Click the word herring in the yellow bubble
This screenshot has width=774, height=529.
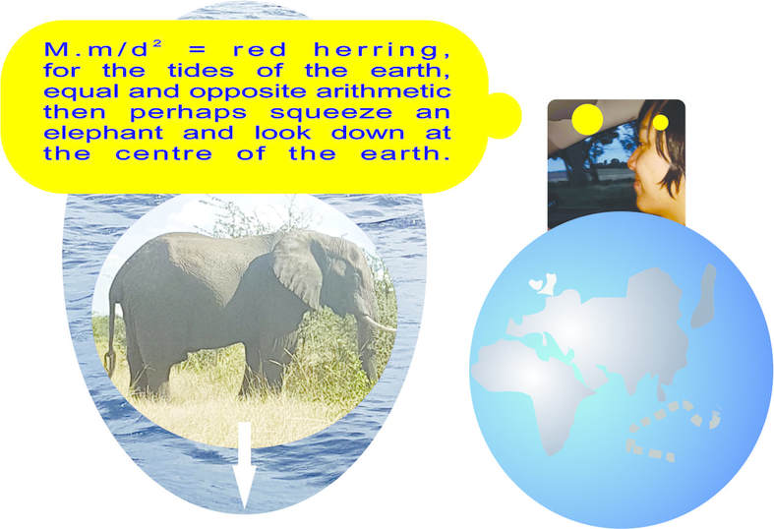[376, 50]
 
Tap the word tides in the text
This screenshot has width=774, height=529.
[201, 70]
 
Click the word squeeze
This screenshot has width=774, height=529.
[331, 113]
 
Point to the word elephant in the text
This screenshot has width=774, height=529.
[103, 134]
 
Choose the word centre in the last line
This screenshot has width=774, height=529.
[164, 153]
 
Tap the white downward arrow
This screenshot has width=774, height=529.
[244, 465]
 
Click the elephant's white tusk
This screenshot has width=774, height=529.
[379, 323]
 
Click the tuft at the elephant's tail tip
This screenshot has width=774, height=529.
[110, 363]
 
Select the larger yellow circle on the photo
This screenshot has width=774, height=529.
[587, 119]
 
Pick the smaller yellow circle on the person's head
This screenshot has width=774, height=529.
[661, 122]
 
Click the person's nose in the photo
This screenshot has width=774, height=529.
[632, 163]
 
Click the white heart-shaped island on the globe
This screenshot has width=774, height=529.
[535, 285]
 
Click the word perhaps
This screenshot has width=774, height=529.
[188, 113]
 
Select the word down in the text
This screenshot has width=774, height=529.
[368, 133]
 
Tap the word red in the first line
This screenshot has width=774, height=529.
[260, 50]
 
